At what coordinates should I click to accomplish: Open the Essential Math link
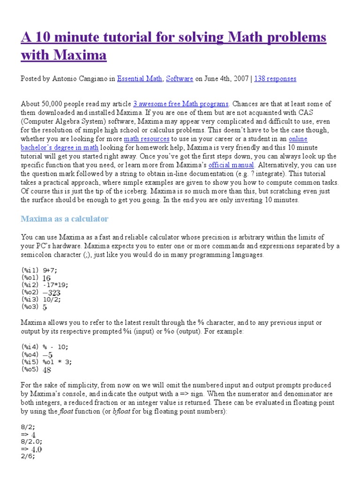(x=139, y=79)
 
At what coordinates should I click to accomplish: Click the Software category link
(x=180, y=79)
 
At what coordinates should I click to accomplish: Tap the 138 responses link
(x=275, y=79)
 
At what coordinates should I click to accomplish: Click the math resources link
(x=146, y=139)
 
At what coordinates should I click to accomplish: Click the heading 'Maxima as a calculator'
(x=65, y=218)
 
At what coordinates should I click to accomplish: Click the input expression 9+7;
(x=52, y=270)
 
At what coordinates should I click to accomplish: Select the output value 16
(x=46, y=277)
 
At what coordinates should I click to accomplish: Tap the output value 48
(x=47, y=369)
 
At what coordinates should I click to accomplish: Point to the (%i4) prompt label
(x=30, y=347)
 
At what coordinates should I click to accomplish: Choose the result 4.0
(x=36, y=449)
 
